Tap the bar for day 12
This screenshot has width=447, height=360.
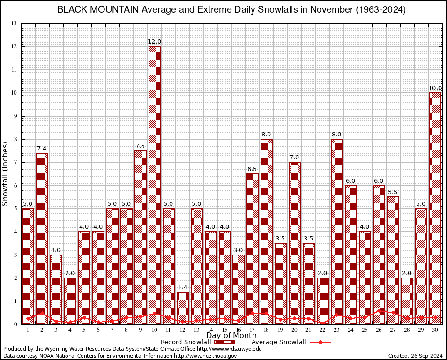coord(183,307)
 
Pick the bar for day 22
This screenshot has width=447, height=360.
coord(323,300)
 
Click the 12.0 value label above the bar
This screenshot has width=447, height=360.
coord(155,42)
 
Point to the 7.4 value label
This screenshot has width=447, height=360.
coord(42,149)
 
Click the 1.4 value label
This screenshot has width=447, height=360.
coord(183,287)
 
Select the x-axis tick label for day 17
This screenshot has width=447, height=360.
coord(253,330)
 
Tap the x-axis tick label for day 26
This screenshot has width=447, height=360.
coord(379,330)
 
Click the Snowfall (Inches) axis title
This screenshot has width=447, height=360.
coord(6,173)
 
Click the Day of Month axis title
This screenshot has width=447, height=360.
coord(231,336)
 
